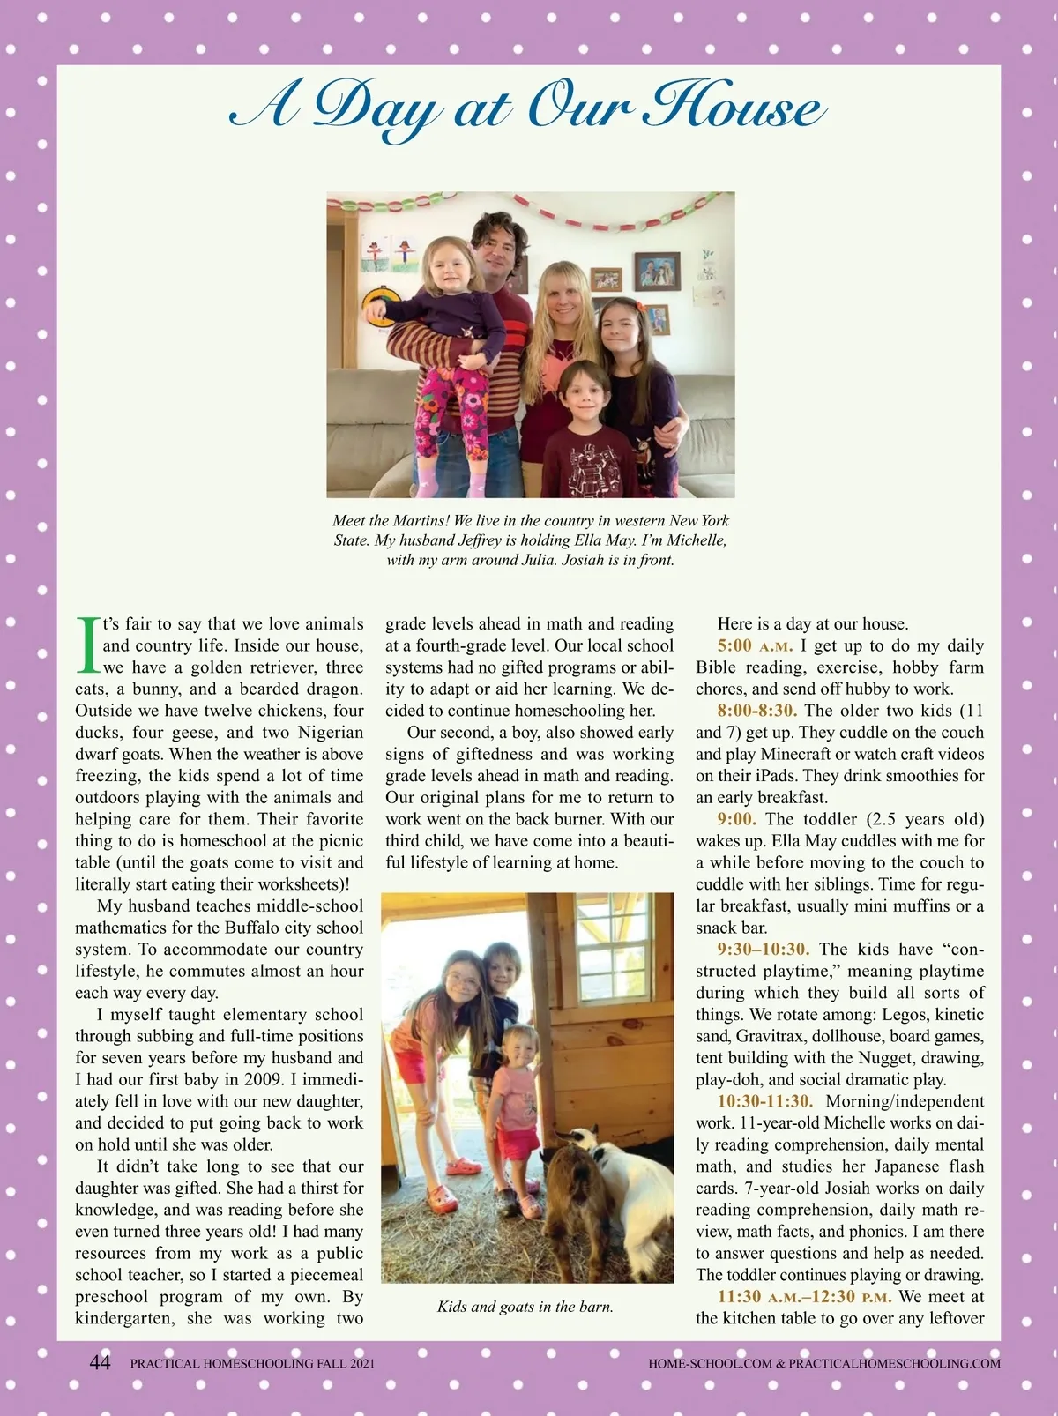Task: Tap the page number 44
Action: point(100,1362)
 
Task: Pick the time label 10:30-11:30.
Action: point(764,1101)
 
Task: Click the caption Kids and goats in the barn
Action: point(525,1307)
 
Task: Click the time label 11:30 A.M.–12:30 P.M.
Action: point(805,1296)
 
